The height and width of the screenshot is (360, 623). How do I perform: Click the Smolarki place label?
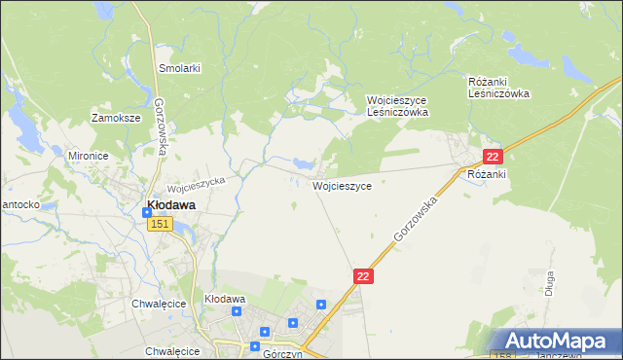179,69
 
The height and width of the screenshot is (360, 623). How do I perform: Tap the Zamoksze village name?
116,118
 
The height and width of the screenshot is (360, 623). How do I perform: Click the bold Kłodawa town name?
170,205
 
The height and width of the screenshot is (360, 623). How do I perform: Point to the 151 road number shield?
161,224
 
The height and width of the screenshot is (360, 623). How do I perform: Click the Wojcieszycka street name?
197,182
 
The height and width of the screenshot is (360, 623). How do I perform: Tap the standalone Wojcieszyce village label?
341,185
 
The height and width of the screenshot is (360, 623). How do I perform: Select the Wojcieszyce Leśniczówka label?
397,106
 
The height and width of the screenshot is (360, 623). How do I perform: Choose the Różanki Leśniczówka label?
498,88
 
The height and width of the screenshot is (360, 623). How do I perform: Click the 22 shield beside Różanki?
494,157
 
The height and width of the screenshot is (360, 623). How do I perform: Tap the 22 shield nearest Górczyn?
363,277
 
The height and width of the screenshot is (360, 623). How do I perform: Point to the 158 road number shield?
501,354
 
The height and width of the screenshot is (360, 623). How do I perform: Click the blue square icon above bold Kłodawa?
146,212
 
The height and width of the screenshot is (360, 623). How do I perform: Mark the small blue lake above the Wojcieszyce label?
303,164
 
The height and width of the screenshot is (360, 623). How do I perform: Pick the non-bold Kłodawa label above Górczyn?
224,299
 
